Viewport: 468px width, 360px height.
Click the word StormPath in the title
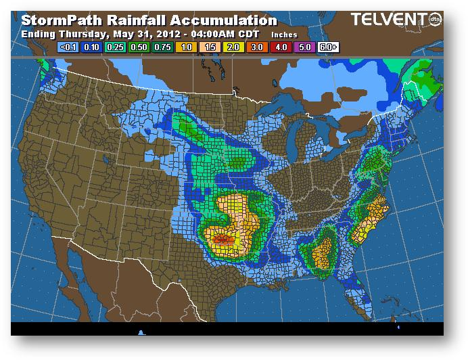[59, 21]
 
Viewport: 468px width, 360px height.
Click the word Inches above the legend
[284, 35]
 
